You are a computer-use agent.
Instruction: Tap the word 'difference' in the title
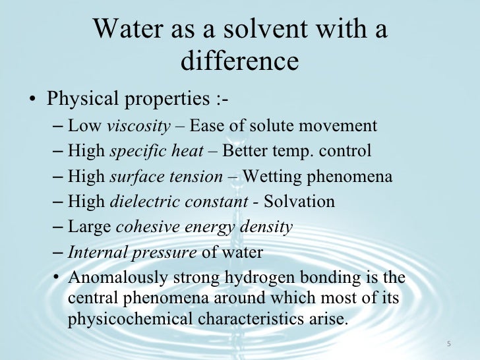coord(239,61)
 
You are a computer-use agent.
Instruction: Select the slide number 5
coord(448,344)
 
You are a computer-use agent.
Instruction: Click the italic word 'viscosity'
coord(138,126)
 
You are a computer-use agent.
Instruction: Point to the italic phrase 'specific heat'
coord(156,151)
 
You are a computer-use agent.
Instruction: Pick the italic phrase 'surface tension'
coord(165,177)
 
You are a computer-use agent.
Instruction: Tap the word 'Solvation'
coord(303,202)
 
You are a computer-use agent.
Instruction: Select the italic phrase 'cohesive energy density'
coord(204,227)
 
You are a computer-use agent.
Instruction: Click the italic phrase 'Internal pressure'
coord(132,253)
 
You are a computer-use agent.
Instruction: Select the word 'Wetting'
coord(272,177)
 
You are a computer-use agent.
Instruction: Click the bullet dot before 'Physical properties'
coord(32,101)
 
